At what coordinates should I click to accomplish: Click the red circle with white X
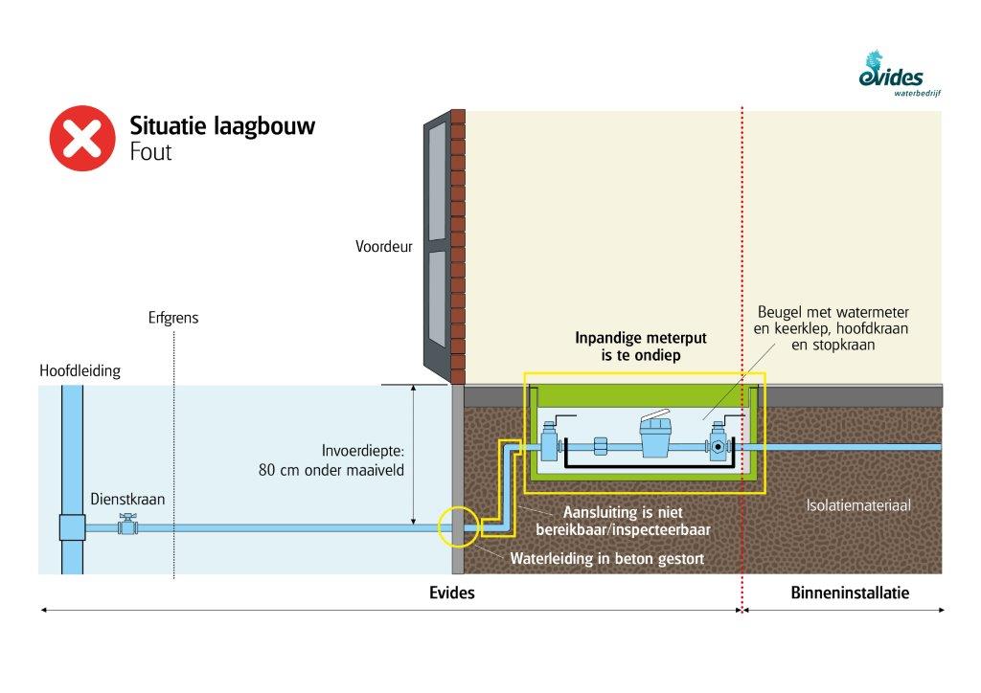(x=82, y=138)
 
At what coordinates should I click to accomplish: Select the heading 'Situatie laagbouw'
(x=222, y=126)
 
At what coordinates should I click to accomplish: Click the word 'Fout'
(x=150, y=152)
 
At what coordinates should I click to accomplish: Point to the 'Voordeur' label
(x=383, y=247)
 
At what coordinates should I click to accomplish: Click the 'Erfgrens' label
(x=173, y=318)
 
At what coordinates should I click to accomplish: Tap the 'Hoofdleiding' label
(x=80, y=371)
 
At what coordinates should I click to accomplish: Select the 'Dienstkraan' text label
(x=122, y=499)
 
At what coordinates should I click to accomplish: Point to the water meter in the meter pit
(x=657, y=437)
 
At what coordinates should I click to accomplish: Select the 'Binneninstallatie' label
(x=850, y=593)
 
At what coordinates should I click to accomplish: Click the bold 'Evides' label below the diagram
(x=451, y=593)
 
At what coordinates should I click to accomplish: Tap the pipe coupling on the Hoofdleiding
(x=72, y=526)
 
